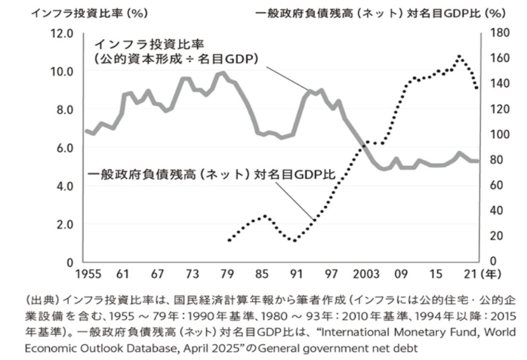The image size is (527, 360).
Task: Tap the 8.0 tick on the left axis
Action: (x=65, y=109)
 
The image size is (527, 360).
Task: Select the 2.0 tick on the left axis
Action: (x=65, y=224)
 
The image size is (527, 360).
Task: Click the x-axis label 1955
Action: (x=89, y=274)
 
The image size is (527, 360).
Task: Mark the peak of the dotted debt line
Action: (x=458, y=56)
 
